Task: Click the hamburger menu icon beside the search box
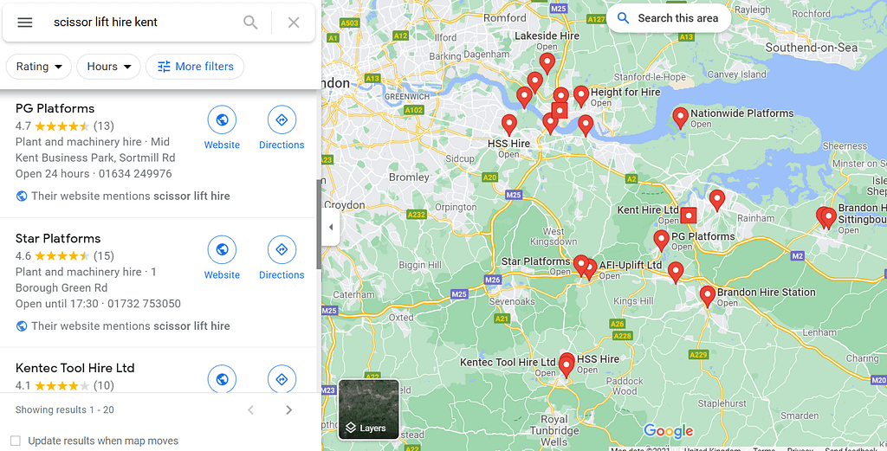coord(25,23)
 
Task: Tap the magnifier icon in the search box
coord(250,23)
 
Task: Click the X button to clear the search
coord(294,23)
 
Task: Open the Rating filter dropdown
coord(39,67)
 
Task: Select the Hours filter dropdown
coord(108,67)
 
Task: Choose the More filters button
coord(195,67)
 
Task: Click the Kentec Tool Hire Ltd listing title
coord(75,368)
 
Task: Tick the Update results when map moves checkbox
coord(15,441)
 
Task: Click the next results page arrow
coord(288,409)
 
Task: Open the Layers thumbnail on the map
coord(369,409)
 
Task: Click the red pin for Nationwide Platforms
coord(681,117)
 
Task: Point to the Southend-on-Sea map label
coord(811,48)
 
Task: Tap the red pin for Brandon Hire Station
coord(708,296)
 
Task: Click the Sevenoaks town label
coord(512,302)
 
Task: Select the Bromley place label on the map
coord(410,177)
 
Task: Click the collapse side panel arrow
coord(330,228)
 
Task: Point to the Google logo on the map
coord(668,431)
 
